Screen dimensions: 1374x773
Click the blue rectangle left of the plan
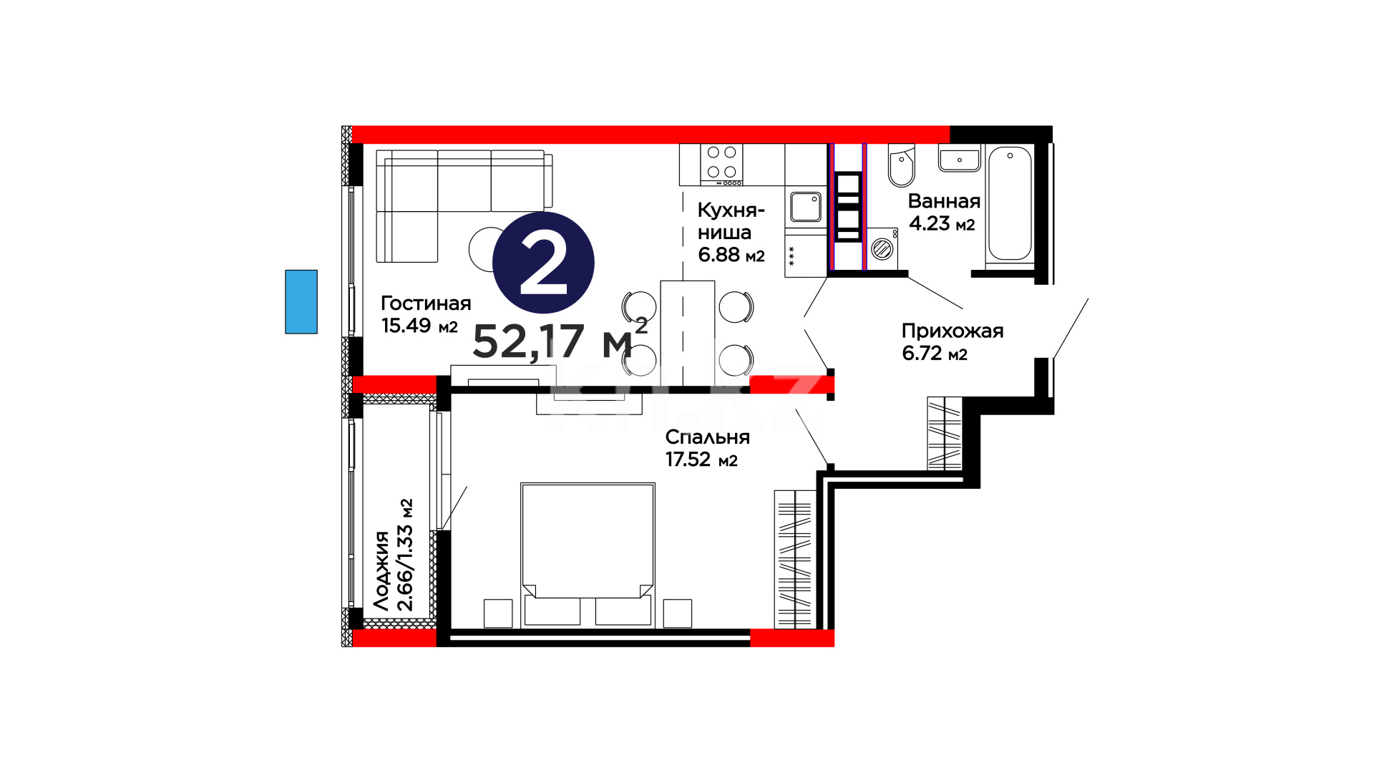click(301, 301)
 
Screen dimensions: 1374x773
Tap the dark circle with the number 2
click(543, 262)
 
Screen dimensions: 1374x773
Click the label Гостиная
click(426, 303)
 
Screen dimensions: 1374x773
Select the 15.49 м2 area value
click(419, 326)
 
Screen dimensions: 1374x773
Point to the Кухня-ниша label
click(731, 221)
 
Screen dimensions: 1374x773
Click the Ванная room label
click(944, 201)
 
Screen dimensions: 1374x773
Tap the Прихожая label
click(952, 331)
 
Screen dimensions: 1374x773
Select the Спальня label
click(707, 437)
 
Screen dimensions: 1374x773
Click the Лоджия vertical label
click(382, 570)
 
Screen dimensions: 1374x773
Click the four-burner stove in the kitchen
click(721, 165)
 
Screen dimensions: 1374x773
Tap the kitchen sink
click(806, 207)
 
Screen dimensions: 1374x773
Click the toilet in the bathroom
click(901, 165)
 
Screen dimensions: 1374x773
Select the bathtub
click(1010, 203)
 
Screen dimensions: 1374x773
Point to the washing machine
click(883, 249)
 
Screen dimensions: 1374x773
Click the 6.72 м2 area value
click(935, 354)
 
